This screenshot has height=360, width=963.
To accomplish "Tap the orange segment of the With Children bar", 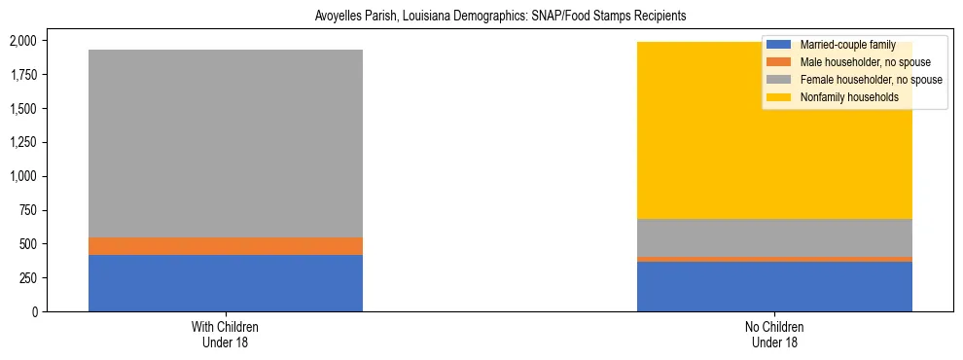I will tap(226, 246).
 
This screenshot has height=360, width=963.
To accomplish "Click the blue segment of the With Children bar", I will tap(226, 283).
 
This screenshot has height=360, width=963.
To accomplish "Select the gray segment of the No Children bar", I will tap(774, 237).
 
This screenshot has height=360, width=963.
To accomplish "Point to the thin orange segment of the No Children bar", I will tap(774, 259).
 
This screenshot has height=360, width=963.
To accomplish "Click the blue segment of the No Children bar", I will tap(774, 286).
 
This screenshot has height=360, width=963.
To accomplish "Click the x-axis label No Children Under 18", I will tap(774, 335).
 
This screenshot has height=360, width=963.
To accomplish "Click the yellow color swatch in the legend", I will tap(779, 97).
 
